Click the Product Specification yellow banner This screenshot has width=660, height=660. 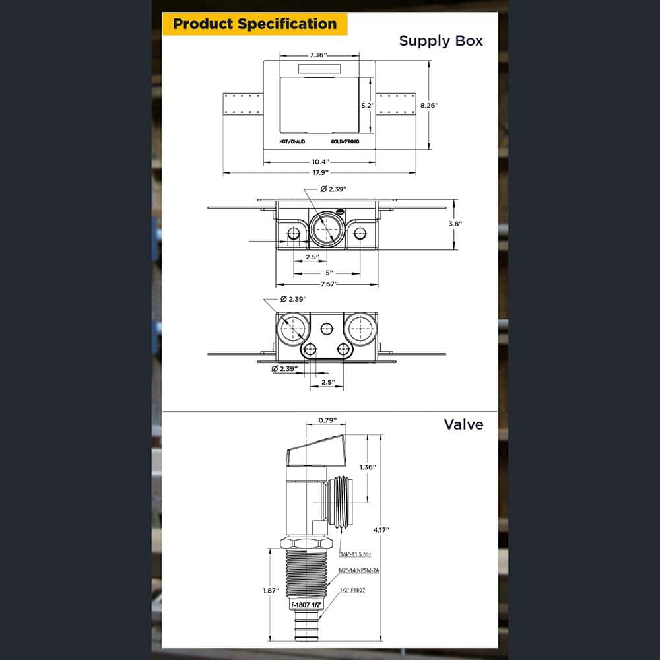tap(255, 24)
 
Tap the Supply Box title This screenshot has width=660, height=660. tap(441, 41)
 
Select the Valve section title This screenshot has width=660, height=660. tap(463, 424)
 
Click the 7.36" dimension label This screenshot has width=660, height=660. tap(318, 55)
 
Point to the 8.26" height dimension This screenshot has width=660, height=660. tap(430, 105)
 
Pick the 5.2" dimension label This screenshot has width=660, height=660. tap(368, 105)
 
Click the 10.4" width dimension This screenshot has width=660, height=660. tap(320, 162)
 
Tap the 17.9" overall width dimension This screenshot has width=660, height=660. tap(320, 172)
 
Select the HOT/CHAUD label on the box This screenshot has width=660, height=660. tap(292, 141)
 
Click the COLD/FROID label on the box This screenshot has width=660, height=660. tap(345, 141)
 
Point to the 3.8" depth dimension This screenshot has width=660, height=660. tap(455, 224)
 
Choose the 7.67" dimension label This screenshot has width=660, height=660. tap(329, 284)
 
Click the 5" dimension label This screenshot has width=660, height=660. tap(329, 273)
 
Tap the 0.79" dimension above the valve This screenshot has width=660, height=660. tap(327, 420)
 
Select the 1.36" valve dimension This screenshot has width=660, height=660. tap(368, 467)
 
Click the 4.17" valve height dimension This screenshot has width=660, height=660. tap(381, 530)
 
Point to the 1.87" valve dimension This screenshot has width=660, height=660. tap(271, 591)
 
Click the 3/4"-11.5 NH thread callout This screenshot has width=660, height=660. tap(355, 554)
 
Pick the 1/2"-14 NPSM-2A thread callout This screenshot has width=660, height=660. tap(358, 570)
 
